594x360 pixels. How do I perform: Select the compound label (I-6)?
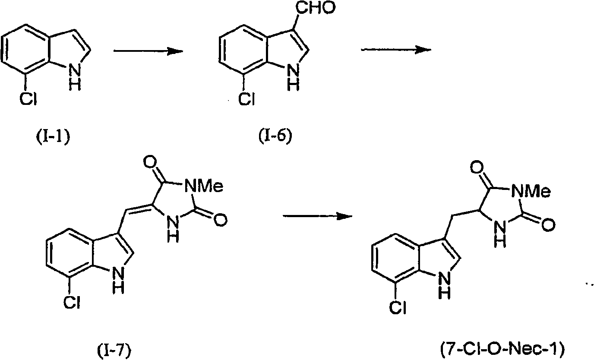point(275,136)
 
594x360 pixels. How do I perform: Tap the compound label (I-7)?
point(114,351)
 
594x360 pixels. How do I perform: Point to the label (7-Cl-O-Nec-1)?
point(502,349)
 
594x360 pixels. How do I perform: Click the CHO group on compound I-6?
point(316,7)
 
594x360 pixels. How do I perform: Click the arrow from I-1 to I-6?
point(148,51)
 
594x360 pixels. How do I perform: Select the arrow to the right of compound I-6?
point(396,50)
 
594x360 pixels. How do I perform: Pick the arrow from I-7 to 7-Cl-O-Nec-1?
point(318,216)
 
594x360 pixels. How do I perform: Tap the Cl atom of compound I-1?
point(28,99)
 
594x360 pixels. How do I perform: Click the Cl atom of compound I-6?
point(246,99)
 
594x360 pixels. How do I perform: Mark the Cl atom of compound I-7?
point(72,302)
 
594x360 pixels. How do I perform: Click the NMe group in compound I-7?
point(204,186)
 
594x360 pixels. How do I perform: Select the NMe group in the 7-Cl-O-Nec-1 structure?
point(531,191)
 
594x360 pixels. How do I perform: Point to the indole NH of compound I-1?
point(75,78)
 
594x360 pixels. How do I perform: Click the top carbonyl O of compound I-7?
point(150,162)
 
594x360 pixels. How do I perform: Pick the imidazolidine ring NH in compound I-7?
point(174,230)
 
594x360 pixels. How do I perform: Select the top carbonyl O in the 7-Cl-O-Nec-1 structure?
point(477,168)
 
